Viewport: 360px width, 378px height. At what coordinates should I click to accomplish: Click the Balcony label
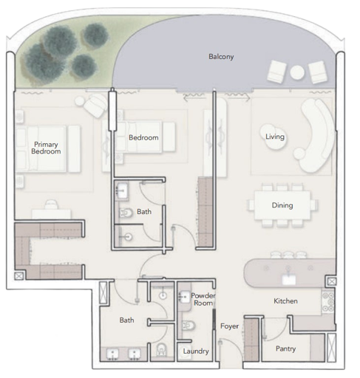(x=221, y=57)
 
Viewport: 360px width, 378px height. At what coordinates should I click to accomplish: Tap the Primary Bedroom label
(x=46, y=148)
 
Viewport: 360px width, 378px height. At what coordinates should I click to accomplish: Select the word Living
(x=275, y=137)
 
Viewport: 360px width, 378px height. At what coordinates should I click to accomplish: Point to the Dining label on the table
(x=282, y=205)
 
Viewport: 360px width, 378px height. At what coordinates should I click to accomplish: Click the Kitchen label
(x=285, y=300)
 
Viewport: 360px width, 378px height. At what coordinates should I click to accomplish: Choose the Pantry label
(x=285, y=348)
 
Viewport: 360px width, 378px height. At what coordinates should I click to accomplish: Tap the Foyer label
(x=229, y=326)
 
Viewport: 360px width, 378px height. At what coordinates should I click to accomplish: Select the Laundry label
(x=196, y=351)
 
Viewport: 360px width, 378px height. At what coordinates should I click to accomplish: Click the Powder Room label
(x=203, y=299)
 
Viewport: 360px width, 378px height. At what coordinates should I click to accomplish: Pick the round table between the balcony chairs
(x=297, y=72)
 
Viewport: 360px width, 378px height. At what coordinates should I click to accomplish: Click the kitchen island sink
(x=289, y=279)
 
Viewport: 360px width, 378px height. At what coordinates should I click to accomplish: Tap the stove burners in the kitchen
(x=328, y=302)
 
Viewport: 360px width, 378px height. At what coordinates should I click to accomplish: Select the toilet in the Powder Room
(x=189, y=326)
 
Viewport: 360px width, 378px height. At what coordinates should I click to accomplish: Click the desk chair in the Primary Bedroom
(x=52, y=205)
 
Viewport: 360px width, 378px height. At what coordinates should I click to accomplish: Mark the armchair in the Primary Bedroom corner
(x=95, y=106)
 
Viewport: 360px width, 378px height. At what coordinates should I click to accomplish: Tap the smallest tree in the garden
(x=84, y=66)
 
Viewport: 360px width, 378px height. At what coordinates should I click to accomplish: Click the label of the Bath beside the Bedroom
(x=144, y=212)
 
